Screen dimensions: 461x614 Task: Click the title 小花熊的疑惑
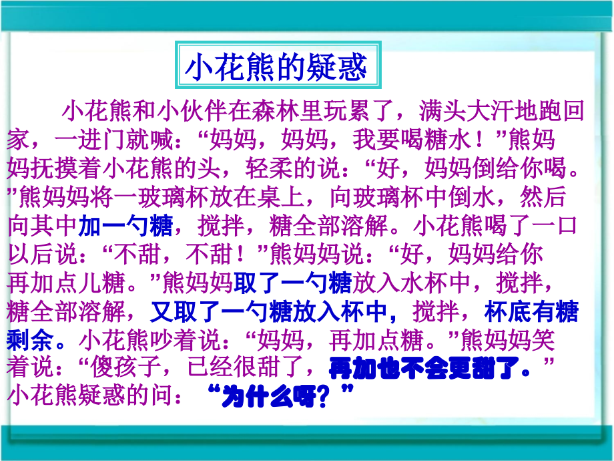(276, 67)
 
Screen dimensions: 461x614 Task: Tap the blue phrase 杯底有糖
(530, 312)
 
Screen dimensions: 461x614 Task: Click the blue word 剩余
(31, 341)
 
